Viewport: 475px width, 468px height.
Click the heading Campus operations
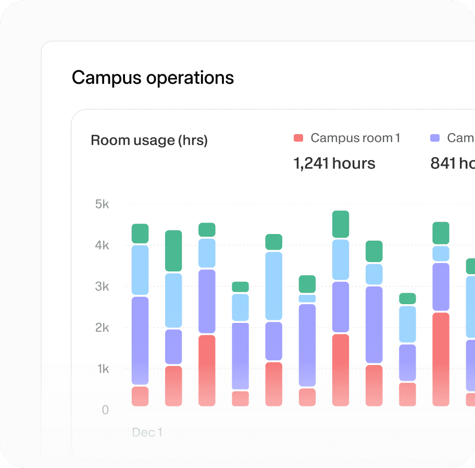pyautogui.click(x=153, y=78)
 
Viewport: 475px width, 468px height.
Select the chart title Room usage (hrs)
pyautogui.click(x=149, y=140)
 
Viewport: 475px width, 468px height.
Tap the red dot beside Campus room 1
pyautogui.click(x=298, y=138)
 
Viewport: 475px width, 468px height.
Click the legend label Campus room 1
pyautogui.click(x=355, y=138)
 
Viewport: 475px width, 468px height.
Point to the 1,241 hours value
pyautogui.click(x=334, y=163)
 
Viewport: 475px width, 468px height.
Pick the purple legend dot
pyautogui.click(x=435, y=138)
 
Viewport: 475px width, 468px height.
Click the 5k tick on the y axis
pyautogui.click(x=102, y=204)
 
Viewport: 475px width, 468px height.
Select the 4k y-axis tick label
pyautogui.click(x=102, y=245)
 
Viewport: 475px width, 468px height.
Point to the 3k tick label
pyautogui.click(x=102, y=287)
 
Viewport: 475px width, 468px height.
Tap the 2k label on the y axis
pyautogui.click(x=102, y=328)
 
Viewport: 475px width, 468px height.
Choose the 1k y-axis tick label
pyautogui.click(x=102, y=369)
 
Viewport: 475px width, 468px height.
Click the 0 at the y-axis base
pyautogui.click(x=105, y=410)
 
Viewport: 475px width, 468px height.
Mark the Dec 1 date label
pyautogui.click(x=147, y=432)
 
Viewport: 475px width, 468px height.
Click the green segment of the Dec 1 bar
pyautogui.click(x=140, y=233)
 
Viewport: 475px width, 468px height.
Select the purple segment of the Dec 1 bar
pyautogui.click(x=140, y=341)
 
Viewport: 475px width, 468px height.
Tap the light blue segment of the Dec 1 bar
pyautogui.click(x=140, y=270)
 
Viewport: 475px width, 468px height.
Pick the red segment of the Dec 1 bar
pyautogui.click(x=140, y=396)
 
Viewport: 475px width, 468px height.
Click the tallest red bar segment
pyautogui.click(x=441, y=359)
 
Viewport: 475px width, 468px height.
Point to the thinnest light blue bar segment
pyautogui.click(x=307, y=298)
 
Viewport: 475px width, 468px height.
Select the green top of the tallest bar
pyautogui.click(x=341, y=224)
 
